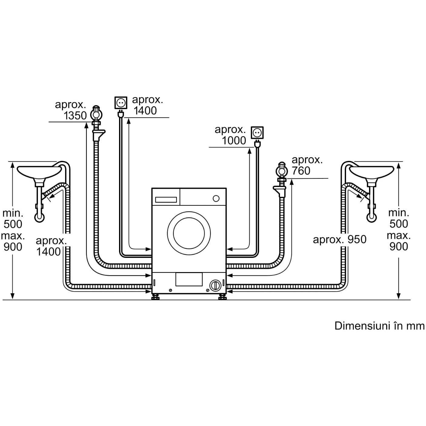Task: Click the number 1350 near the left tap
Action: coord(75,115)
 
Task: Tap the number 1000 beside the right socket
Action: coord(234,141)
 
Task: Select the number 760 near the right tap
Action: coord(301,171)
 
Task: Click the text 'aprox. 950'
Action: coord(340,240)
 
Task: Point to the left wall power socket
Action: coord(121,103)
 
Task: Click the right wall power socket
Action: coord(257,133)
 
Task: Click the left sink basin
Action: coord(39,172)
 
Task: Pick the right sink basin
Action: coord(372,172)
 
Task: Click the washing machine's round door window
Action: coord(189,233)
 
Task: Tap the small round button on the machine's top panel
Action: coord(216,198)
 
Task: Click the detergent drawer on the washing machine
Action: coord(166,200)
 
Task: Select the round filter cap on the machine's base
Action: coord(215,285)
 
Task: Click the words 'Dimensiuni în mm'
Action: coord(379,326)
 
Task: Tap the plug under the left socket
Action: coord(121,114)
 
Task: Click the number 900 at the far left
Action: coord(13,247)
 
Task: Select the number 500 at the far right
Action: coord(399,224)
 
